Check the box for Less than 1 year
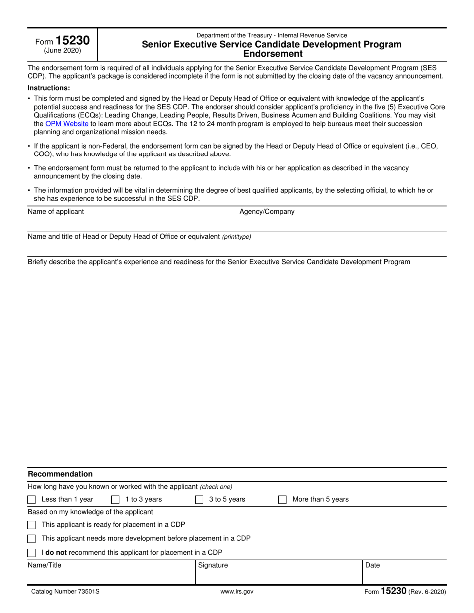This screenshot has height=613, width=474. click(x=32, y=500)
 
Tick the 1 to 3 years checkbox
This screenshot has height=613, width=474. click(x=115, y=500)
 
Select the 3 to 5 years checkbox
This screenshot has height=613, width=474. click(x=199, y=500)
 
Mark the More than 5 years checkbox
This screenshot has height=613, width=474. click(x=282, y=500)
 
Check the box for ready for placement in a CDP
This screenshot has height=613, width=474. click(x=32, y=525)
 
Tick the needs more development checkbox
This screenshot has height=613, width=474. click(x=32, y=539)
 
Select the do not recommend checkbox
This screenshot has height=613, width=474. click(x=32, y=553)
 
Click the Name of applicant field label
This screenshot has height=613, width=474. click(x=56, y=212)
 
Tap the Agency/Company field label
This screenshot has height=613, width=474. click(x=267, y=212)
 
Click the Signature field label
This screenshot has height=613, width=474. click(x=213, y=565)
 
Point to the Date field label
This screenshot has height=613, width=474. click(x=373, y=565)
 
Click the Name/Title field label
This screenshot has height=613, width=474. click(x=45, y=565)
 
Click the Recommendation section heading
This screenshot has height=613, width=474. click(x=60, y=474)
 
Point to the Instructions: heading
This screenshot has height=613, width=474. click(x=49, y=88)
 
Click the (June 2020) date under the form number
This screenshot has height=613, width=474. click(x=62, y=51)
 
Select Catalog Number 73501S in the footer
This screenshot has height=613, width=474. click(x=62, y=592)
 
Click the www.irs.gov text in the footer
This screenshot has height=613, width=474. click(x=237, y=592)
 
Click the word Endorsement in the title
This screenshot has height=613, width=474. click(x=271, y=54)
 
